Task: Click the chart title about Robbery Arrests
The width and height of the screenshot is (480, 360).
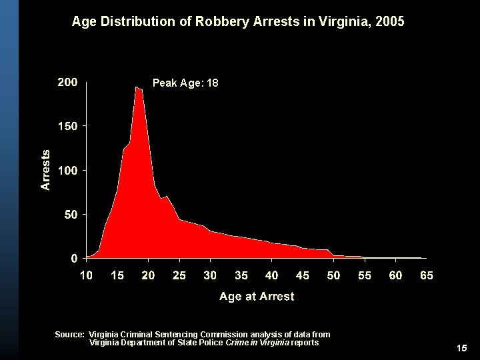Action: [x=237, y=22]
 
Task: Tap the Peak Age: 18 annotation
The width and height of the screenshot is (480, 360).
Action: [x=185, y=83]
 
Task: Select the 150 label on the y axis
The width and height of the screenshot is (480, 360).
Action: [x=67, y=125]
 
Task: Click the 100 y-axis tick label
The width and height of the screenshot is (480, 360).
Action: [x=67, y=170]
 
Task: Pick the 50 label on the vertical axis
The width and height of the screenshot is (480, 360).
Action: [x=70, y=215]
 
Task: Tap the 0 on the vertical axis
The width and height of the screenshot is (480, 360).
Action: [x=74, y=258]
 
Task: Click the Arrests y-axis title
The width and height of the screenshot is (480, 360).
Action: [x=45, y=169]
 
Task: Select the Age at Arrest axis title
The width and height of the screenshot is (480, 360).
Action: [x=257, y=296]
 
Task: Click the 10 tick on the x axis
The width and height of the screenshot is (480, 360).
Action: [x=86, y=275]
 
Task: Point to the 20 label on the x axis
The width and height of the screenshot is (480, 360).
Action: [x=148, y=275]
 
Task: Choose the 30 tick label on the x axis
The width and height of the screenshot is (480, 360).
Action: [x=210, y=275]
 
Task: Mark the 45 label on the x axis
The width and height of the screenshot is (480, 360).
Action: [x=303, y=275]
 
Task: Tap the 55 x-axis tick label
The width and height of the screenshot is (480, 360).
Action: [x=365, y=275]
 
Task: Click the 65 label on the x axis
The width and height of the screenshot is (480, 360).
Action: [x=427, y=275]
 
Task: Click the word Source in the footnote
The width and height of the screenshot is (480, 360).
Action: [x=70, y=334]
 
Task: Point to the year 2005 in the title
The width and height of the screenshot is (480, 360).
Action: [x=390, y=22]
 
